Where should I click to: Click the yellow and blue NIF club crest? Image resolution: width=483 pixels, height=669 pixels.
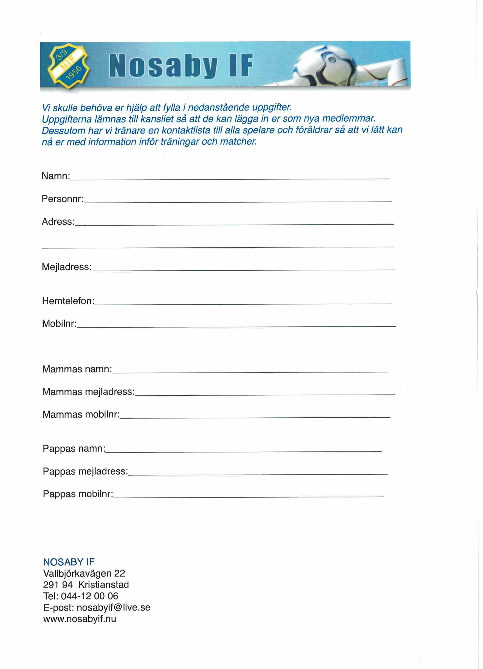tap(68, 65)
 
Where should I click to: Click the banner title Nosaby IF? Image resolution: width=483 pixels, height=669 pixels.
tap(181, 65)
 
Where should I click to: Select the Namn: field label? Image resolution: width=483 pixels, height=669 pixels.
tap(56, 176)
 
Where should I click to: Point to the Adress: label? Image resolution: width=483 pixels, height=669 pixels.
tap(58, 222)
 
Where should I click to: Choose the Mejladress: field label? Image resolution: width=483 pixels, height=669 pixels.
tap(67, 267)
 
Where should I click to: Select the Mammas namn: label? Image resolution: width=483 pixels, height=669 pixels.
tap(77, 369)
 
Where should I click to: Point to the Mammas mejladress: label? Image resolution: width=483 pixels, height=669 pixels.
tap(88, 392)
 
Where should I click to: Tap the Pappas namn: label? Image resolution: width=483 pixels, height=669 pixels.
tap(74, 449)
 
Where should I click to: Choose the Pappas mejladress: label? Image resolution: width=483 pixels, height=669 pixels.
tap(85, 471)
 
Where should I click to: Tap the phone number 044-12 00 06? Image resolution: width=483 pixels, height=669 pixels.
tap(89, 596)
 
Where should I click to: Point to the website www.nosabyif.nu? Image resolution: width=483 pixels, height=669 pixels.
tap(80, 619)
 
